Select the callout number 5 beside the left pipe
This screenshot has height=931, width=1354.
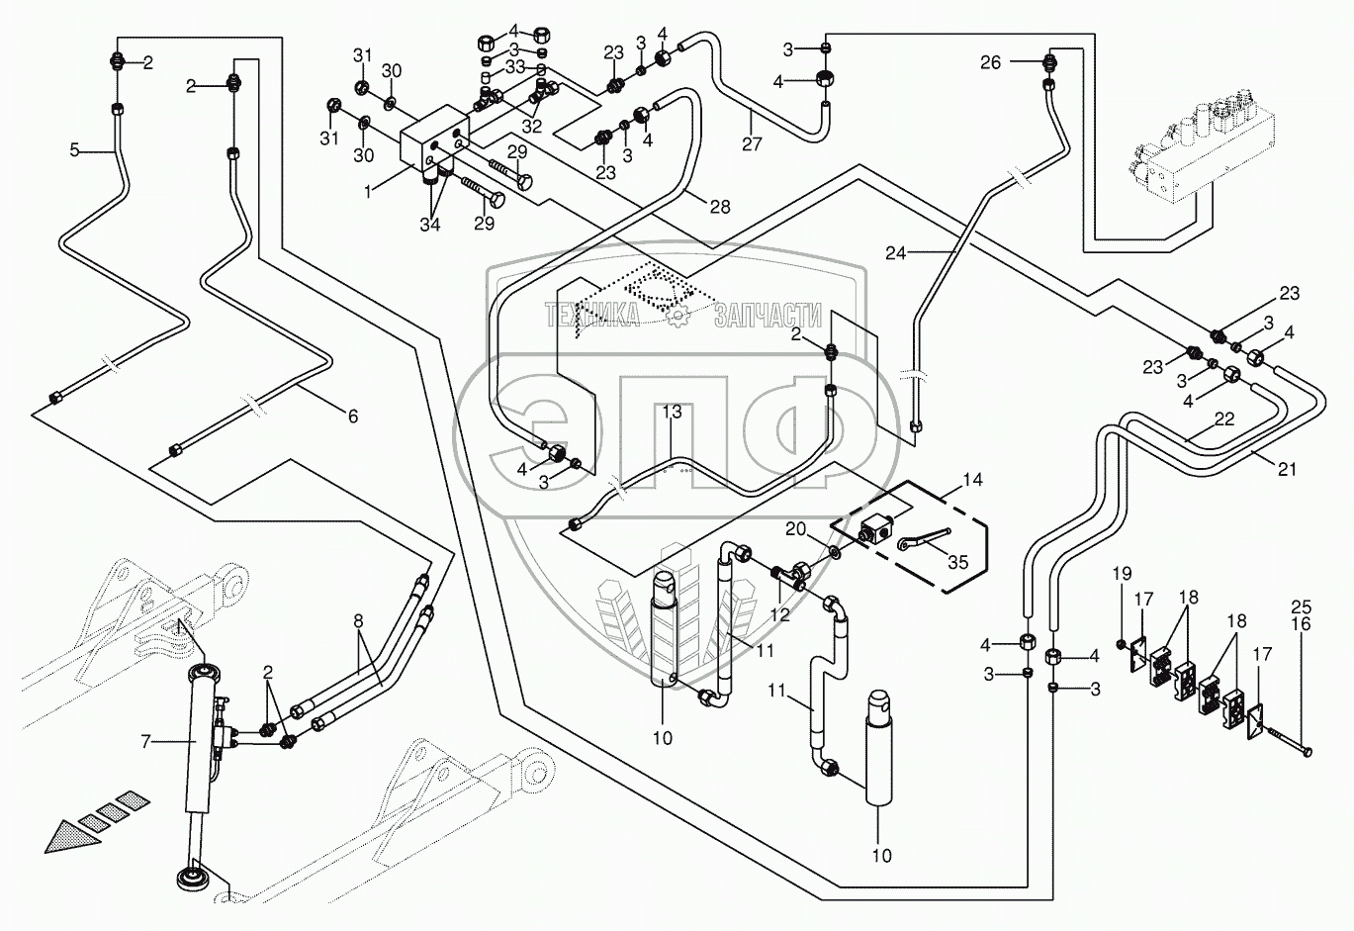tap(74, 150)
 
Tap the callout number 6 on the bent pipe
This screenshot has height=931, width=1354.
tap(351, 417)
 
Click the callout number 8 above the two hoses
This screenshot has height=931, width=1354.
tap(357, 621)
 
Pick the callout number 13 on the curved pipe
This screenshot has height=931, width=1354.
tap(672, 412)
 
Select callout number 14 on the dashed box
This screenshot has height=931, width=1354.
tap(972, 480)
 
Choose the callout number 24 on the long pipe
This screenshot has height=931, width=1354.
tap(895, 252)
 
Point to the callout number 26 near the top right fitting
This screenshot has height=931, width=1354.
tap(990, 62)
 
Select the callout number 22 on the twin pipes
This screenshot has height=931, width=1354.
tap(1224, 419)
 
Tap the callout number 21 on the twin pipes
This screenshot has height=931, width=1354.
tap(1286, 470)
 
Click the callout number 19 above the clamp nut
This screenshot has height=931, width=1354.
tap(1121, 573)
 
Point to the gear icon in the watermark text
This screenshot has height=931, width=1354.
tap(677, 316)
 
